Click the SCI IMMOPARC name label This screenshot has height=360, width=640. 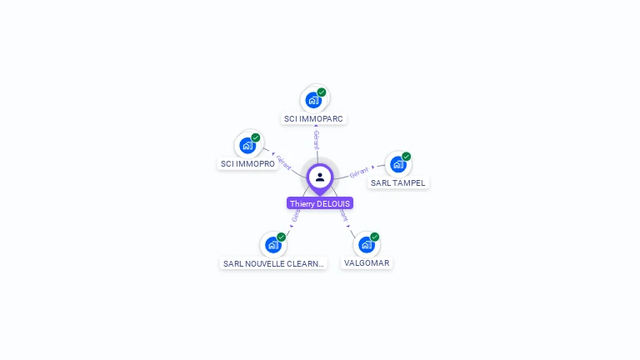click(313, 119)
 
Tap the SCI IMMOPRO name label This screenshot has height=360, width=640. click(247, 164)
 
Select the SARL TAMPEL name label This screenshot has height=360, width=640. click(397, 183)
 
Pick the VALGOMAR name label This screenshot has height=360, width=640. click(366, 263)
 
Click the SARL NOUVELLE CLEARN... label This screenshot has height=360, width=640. click(272, 263)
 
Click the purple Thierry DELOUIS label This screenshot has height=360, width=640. click(320, 203)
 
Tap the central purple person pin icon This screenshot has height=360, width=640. click(320, 177)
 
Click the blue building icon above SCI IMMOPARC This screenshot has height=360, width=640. click(312, 101)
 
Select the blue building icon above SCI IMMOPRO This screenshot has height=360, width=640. click(247, 146)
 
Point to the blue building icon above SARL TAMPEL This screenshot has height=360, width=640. click(397, 164)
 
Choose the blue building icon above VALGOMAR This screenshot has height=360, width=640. click(366, 245)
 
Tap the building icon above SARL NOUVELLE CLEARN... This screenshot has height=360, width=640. click(272, 245)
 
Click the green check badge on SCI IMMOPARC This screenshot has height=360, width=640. click(322, 92)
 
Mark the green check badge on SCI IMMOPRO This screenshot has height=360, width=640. click(256, 137)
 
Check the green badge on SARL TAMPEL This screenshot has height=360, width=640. click(407, 156)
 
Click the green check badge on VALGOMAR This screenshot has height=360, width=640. click(375, 237)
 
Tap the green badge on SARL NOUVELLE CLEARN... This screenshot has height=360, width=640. click(282, 237)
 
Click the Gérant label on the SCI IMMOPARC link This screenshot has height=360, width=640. click(316, 139)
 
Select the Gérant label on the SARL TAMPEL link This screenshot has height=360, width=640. click(359, 172)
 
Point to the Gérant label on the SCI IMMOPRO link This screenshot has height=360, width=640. click(284, 162)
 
